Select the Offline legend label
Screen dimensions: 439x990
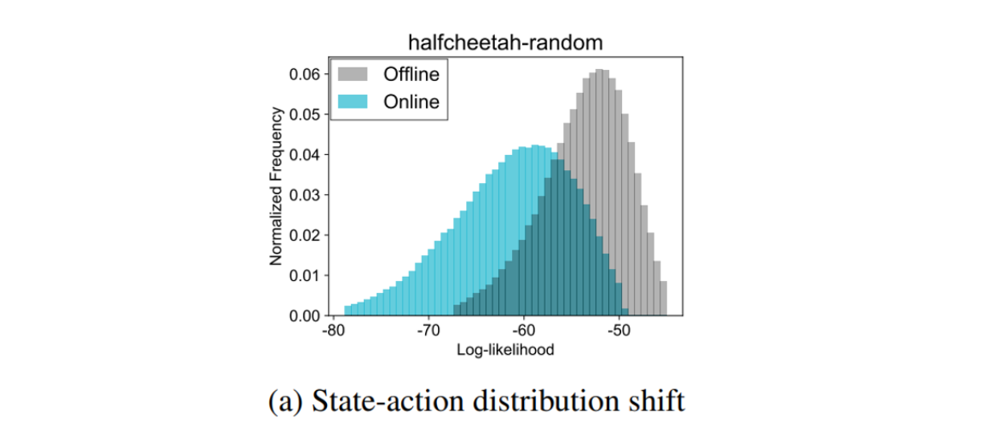tap(411, 75)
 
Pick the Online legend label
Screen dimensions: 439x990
tap(411, 102)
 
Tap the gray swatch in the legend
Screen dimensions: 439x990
tap(354, 75)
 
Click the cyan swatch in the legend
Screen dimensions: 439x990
tap(354, 102)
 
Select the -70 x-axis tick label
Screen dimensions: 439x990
tap(427, 331)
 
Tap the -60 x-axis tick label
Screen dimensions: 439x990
tap(523, 331)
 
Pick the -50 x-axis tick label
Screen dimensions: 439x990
tap(619, 331)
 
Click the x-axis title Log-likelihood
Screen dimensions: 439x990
tap(505, 350)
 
